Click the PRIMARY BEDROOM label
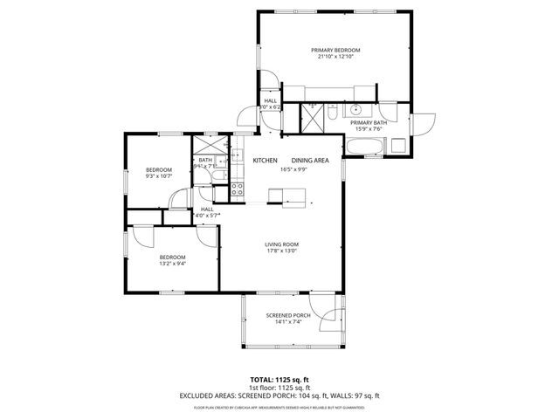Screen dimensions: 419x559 335,50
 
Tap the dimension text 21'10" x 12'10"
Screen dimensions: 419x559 335,57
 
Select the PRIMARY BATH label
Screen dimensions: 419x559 369,123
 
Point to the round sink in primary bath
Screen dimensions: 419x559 356,111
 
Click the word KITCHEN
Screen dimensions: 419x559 265,161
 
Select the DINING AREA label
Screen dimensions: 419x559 310,161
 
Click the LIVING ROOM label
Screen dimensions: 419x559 282,244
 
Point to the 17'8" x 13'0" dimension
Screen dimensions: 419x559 282,251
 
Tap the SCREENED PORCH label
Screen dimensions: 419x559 288,315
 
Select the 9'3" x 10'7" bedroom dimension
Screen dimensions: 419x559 158,177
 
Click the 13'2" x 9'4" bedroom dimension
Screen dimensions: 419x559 172,264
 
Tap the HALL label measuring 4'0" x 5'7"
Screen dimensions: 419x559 207,209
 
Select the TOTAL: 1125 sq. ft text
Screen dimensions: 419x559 279,380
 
